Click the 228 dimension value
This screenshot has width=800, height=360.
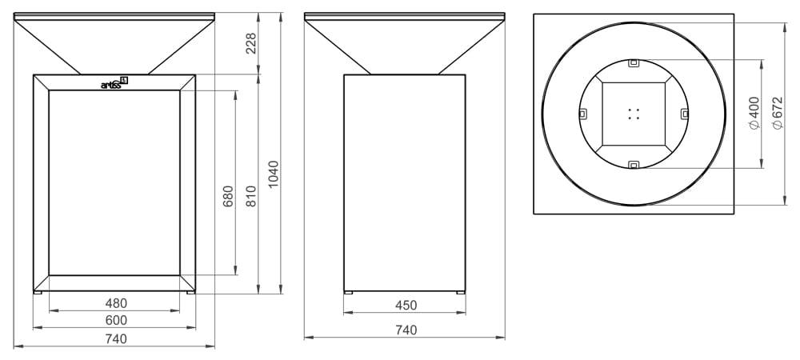click(251, 43)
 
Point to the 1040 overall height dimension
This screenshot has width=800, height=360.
click(273, 175)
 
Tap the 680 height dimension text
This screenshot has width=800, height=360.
click(228, 197)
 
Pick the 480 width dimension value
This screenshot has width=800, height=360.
click(117, 303)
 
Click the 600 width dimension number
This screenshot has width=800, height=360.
click(117, 320)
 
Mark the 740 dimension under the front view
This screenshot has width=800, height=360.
click(117, 338)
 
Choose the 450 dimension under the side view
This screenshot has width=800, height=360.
click(406, 304)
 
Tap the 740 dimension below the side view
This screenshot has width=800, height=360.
click(406, 329)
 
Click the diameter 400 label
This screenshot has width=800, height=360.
click(754, 114)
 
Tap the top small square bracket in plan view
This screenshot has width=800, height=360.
click(634, 62)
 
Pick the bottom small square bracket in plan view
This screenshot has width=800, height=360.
click(634, 165)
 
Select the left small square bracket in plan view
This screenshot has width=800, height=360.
click(582, 113)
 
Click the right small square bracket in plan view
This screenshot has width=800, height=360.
click(685, 113)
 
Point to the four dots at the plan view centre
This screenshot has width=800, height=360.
click(634, 114)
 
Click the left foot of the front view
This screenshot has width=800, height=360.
click(38, 292)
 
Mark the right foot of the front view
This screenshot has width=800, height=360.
click(190, 292)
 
